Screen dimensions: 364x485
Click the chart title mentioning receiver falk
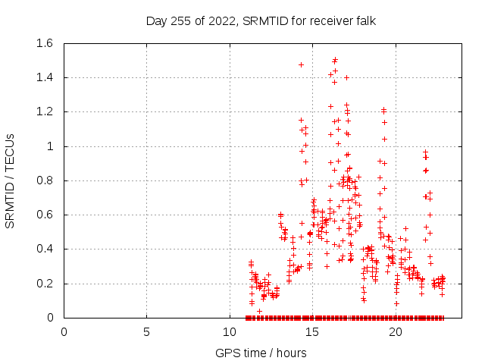261,20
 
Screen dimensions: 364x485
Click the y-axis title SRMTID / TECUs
11,180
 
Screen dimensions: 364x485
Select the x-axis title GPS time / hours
261,353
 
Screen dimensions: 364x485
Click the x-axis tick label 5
147,331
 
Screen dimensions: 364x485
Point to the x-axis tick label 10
230,331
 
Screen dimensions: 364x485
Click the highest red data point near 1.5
335,59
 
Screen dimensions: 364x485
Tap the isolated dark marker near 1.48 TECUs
301,64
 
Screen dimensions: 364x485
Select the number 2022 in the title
221,20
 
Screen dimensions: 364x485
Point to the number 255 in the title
181,20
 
